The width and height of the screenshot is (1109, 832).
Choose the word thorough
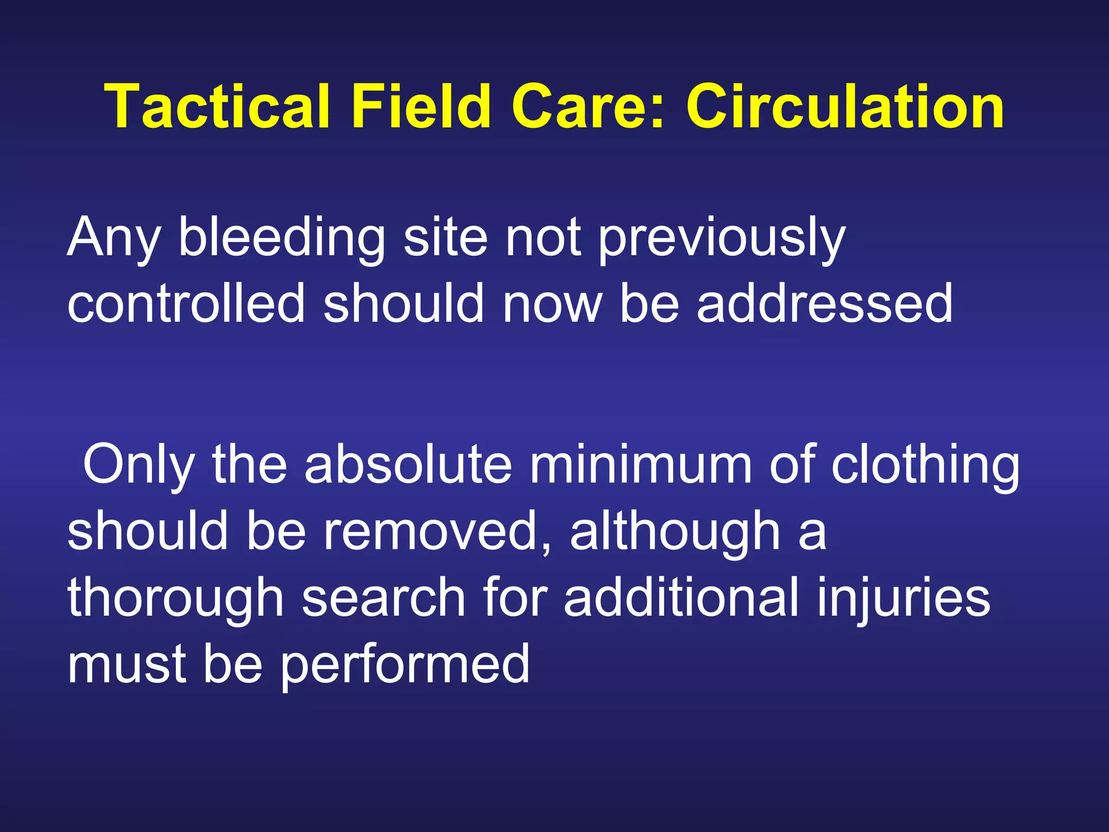pyautogui.click(x=175, y=598)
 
